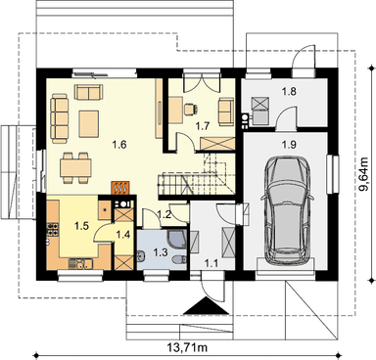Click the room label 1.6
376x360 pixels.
pyautogui.click(x=119, y=145)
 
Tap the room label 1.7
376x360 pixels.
pyautogui.click(x=203, y=126)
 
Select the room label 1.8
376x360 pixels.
pyautogui.click(x=289, y=92)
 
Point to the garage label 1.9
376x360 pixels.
pyautogui.click(x=289, y=145)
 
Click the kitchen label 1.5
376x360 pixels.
pyautogui.click(x=81, y=226)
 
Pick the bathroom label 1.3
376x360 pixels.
pyautogui.click(x=161, y=252)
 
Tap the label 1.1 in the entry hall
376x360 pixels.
pyautogui.click(x=211, y=263)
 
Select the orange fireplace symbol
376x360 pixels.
pyautogui.click(x=120, y=188)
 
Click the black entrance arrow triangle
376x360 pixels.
pyautogui.click(x=206, y=307)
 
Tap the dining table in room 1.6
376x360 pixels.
pyautogui.click(x=75, y=167)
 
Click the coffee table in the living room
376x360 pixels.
pyautogui.click(x=89, y=123)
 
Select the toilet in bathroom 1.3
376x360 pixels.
pyautogui.click(x=179, y=260)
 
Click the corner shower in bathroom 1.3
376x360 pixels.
pyautogui.click(x=177, y=239)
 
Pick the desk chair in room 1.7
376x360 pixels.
pyautogui.click(x=191, y=109)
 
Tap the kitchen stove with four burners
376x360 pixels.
pyautogui.click(x=53, y=229)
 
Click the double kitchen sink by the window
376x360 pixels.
pyautogui.click(x=80, y=263)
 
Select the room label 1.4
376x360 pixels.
pyautogui.click(x=123, y=235)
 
